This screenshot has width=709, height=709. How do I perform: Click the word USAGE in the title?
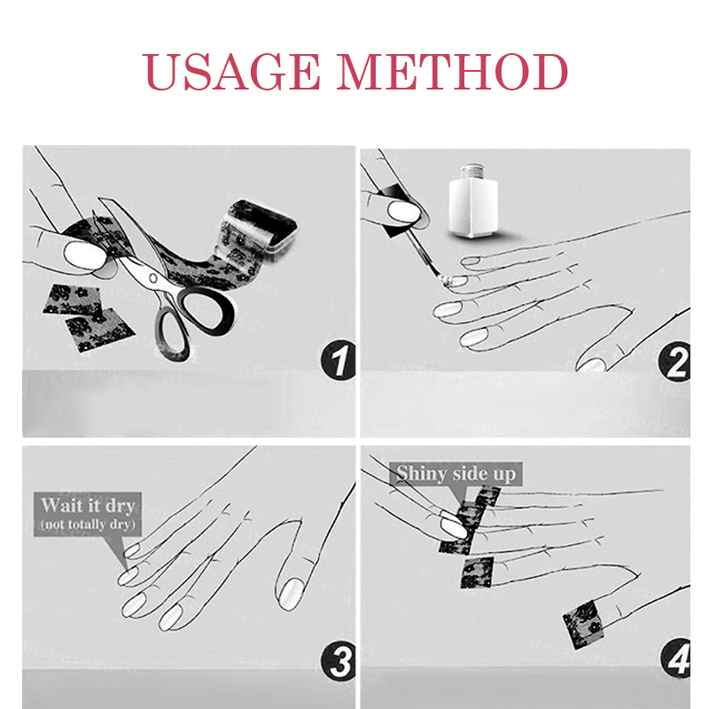click(231, 72)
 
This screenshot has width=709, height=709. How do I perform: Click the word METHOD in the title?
click(452, 72)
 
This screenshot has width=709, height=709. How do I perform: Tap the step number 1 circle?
click(338, 360)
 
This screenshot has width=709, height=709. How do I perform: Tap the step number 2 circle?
click(674, 362)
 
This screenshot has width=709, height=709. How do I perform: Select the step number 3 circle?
click(339, 661)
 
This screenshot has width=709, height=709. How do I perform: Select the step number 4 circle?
click(675, 658)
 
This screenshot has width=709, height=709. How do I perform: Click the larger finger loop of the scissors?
click(206, 311)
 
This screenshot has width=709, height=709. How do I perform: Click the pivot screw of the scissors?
click(153, 278)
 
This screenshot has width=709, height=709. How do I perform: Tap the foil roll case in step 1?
click(263, 225)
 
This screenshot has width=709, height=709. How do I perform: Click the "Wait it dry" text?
click(88, 505)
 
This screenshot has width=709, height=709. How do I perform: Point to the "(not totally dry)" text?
click(88, 524)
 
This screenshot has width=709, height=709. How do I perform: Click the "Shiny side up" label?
click(456, 473)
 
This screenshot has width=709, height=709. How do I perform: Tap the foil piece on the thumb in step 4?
click(584, 625)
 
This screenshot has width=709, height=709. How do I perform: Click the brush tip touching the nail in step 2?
click(446, 280)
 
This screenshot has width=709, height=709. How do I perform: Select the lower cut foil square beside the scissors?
click(99, 330)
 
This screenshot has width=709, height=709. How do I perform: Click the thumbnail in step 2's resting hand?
click(593, 364)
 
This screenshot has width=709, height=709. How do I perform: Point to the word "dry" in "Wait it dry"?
click(121, 506)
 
